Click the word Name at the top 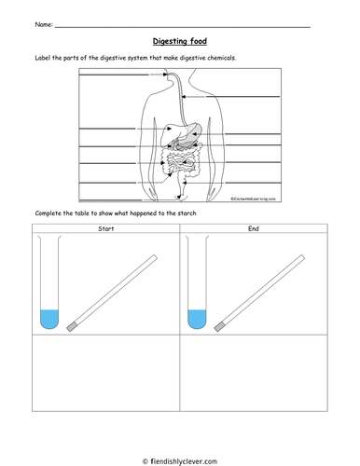pos(43,24)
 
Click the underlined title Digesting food pos(180,41)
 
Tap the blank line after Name pos(183,27)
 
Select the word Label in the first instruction pos(43,58)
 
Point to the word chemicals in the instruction pos(221,58)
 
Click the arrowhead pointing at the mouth pos(165,75)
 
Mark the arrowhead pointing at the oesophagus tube pos(184,97)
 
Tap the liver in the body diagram pos(171,133)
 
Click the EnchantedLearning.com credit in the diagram pos(253,199)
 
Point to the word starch pos(187,213)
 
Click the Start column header pos(106,229)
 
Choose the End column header pos(254,228)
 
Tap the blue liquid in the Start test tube pos(49,319)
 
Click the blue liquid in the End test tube pos(197,319)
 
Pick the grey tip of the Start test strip pos(72,327)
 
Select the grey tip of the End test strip pos(219,327)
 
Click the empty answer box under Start pos(106,373)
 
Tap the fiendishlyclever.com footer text pos(180,461)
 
